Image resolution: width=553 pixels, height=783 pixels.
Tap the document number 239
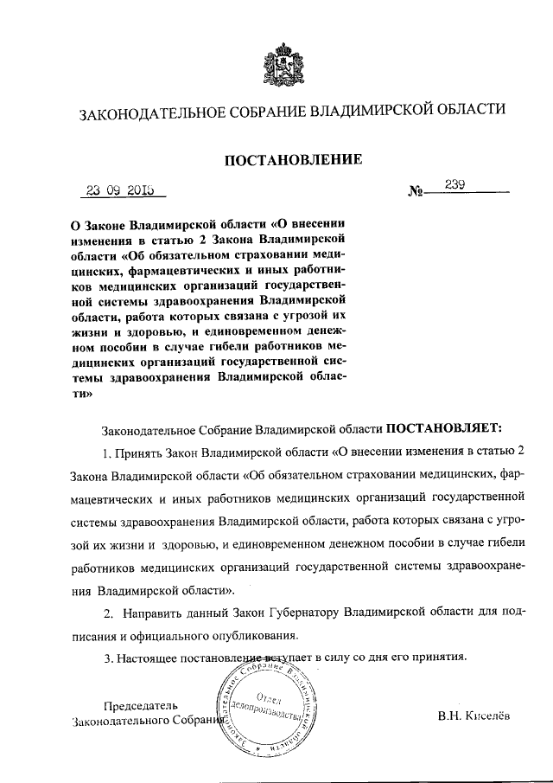[456, 183]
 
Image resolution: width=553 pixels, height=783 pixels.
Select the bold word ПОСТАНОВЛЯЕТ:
[442, 427]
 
